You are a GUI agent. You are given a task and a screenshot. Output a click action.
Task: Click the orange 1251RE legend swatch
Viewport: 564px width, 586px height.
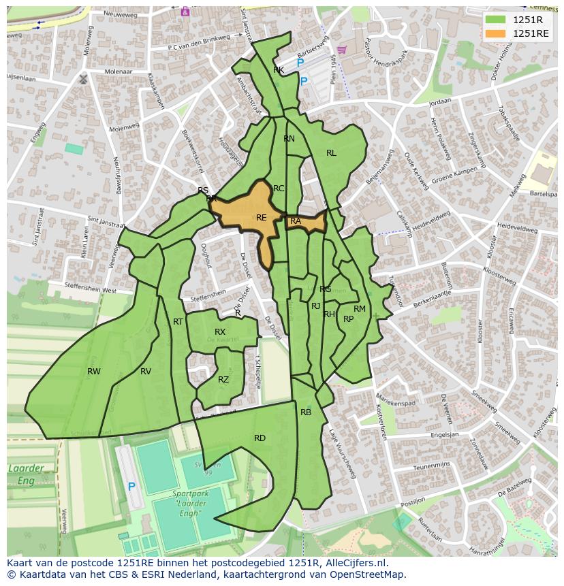point(496,33)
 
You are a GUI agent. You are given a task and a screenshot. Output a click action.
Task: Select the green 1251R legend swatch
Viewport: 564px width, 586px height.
point(496,20)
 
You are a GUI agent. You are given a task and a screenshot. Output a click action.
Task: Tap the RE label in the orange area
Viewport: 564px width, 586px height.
point(262,218)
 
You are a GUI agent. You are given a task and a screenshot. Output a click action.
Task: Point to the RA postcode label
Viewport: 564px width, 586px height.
point(296,221)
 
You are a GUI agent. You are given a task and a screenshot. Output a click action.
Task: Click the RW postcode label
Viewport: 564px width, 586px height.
point(94,372)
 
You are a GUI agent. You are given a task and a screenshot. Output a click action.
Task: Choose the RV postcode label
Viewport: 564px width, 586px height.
point(146,372)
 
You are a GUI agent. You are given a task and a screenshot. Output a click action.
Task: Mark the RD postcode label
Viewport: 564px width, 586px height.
point(260,438)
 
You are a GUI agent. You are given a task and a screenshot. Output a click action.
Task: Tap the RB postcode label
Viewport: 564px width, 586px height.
point(306,412)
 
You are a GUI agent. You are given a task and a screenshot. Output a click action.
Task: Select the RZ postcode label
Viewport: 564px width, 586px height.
point(223,380)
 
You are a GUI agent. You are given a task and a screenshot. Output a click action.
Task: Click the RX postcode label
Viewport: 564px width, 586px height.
point(220,332)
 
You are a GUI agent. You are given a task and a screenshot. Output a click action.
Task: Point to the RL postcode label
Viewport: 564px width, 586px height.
point(331,153)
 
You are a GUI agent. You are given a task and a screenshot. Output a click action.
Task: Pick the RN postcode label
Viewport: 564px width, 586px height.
point(289,139)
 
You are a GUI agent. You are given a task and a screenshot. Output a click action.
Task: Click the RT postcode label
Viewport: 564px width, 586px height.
point(178,322)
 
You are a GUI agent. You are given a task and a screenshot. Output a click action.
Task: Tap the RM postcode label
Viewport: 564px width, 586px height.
point(360,309)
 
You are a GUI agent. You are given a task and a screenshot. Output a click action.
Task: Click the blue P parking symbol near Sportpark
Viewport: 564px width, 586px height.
point(131,487)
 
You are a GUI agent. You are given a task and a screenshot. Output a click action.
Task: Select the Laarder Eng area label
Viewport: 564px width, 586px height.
point(26,474)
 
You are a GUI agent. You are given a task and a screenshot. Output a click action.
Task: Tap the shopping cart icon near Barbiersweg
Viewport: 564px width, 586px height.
point(341,49)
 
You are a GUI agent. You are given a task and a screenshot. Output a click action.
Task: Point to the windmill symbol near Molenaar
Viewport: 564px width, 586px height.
point(83,79)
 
